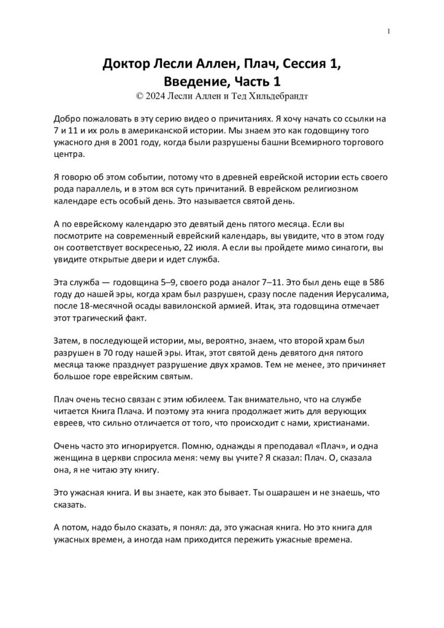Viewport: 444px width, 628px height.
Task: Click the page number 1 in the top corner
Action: point(389,32)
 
